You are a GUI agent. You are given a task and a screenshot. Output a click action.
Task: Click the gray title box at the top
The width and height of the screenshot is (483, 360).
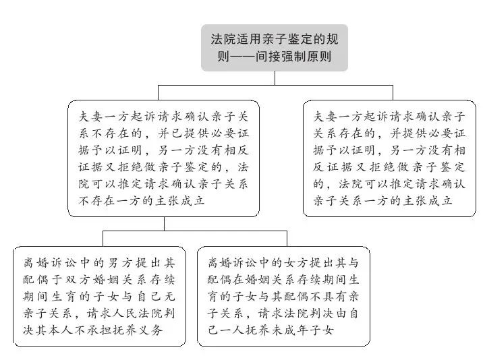[275, 48]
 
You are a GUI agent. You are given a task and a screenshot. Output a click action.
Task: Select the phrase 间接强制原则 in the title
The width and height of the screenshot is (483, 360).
[293, 57]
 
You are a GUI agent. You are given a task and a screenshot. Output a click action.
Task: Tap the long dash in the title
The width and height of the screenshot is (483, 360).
[242, 57]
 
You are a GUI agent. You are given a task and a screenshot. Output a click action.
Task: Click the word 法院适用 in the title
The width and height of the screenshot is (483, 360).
[236, 39]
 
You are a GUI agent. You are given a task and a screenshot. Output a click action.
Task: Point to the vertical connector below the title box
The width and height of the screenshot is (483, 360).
[275, 78]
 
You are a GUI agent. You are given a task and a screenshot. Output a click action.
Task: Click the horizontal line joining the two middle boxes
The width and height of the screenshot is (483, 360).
[275, 86]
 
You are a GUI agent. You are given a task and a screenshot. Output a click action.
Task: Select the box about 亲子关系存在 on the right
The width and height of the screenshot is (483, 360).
[389, 158]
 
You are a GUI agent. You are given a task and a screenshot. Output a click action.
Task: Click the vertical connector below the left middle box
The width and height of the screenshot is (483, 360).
[164, 224]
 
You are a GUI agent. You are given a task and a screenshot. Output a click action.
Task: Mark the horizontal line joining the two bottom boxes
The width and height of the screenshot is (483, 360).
[195, 231]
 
